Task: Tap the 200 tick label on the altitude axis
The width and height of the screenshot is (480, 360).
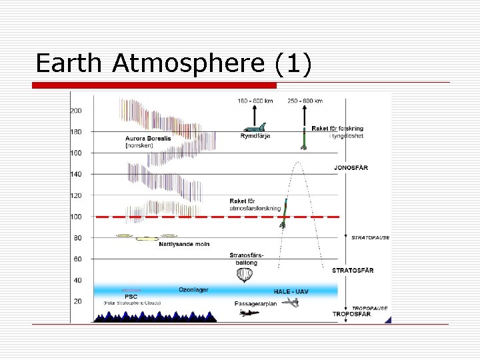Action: [x=77, y=111]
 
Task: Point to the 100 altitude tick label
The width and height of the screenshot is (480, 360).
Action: [x=77, y=217]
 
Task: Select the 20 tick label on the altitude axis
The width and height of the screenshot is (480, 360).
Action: [x=77, y=301]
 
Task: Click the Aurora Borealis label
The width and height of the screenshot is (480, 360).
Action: [x=148, y=139]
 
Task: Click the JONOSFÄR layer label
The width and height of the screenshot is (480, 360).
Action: [x=350, y=167]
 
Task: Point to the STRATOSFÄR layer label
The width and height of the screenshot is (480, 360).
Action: [x=353, y=270]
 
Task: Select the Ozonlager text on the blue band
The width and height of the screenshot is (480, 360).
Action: [x=193, y=289]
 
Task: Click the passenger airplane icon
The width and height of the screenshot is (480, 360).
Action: [x=249, y=312]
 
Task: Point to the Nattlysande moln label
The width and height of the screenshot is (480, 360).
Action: [x=184, y=244]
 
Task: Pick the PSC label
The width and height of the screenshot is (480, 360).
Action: [x=131, y=297]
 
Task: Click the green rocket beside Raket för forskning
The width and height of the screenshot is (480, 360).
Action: [x=303, y=137]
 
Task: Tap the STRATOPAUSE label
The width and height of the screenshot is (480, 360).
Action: [x=370, y=237]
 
